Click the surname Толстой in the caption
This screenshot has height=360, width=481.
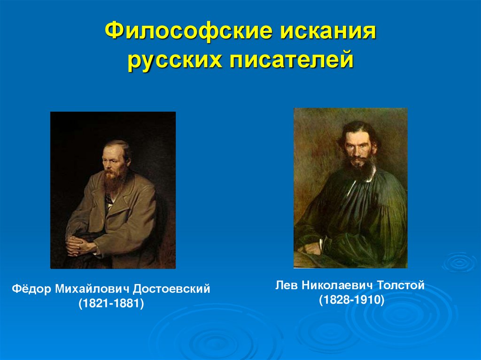pos(398,285)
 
